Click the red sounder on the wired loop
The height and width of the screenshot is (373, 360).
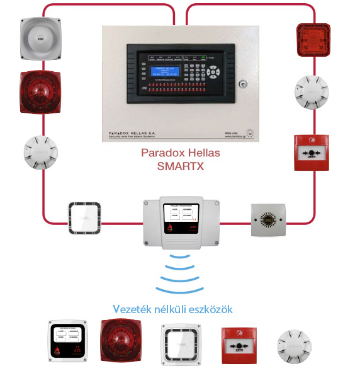pyautogui.click(x=41, y=92)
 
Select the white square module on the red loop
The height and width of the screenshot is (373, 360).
pyautogui.click(x=84, y=217)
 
